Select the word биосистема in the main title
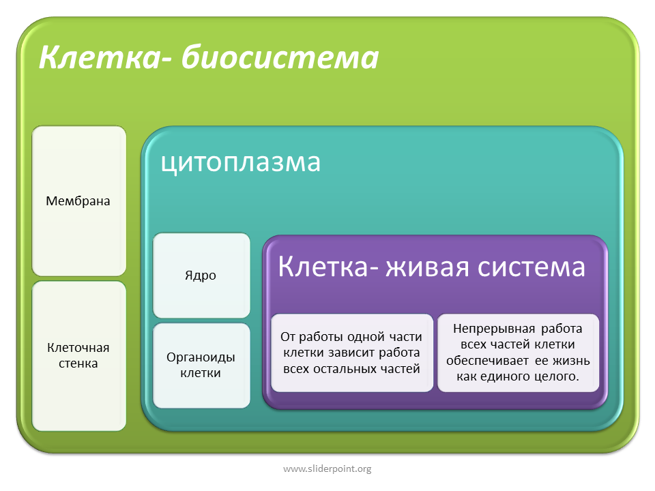click(280, 57)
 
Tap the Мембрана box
click(79, 200)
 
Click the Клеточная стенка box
click(79, 356)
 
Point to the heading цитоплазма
click(241, 163)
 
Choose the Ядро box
click(201, 275)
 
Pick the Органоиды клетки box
click(201, 366)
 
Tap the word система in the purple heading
click(531, 267)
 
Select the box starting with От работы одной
click(352, 353)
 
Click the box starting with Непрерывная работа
click(518, 353)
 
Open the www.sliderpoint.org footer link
click(327, 469)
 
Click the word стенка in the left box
click(78, 363)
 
